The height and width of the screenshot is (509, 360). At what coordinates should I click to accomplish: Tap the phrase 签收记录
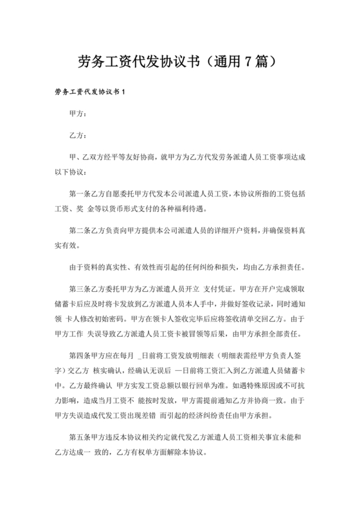coord(258,300)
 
